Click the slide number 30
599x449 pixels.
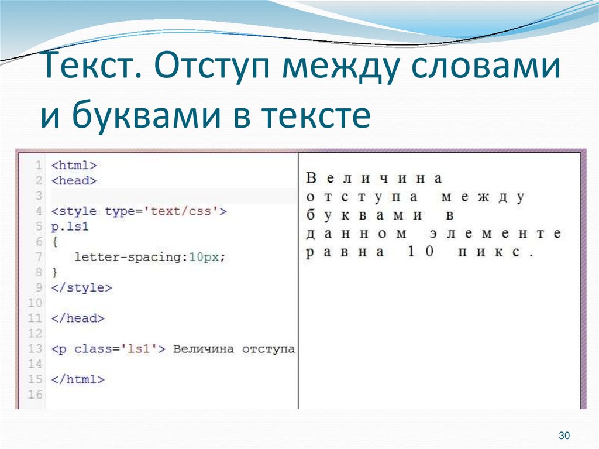(x=564, y=436)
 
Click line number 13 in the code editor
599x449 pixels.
(x=35, y=349)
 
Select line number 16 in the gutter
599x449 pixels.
(x=35, y=395)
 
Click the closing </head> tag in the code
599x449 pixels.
(x=78, y=318)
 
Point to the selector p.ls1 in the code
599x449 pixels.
(x=70, y=227)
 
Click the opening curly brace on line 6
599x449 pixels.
(x=54, y=242)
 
